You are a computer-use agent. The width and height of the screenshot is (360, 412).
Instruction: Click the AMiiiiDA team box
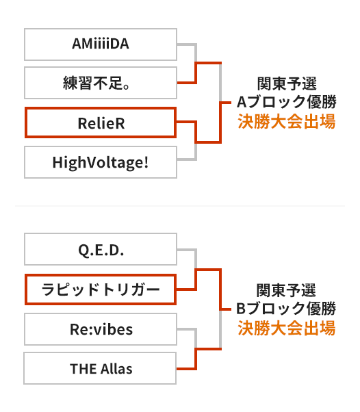point(101,44)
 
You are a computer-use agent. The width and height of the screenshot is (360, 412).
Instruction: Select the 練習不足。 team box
point(101,83)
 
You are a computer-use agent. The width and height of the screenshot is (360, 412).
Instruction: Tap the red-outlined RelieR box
point(101,123)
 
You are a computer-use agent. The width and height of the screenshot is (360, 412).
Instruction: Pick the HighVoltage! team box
point(101,162)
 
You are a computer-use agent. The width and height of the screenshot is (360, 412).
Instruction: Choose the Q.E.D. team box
point(101,249)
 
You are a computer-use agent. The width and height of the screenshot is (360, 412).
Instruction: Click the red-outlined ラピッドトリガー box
point(101,289)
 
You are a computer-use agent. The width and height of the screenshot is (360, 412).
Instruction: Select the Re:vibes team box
point(101,329)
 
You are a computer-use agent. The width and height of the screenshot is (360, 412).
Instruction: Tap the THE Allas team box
point(100,368)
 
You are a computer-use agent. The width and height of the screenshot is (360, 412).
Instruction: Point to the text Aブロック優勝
point(286,102)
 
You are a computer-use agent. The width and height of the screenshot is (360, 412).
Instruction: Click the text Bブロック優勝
point(286,309)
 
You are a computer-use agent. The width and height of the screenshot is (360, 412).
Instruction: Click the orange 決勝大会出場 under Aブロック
point(286,121)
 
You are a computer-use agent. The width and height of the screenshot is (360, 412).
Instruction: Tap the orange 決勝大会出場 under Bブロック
point(286,328)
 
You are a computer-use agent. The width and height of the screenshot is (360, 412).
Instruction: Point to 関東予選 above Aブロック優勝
point(287,83)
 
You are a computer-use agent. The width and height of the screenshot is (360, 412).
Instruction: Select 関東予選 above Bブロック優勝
point(286,290)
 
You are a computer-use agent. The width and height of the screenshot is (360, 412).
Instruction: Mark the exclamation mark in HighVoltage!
point(146,162)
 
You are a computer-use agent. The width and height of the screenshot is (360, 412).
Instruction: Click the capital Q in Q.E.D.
point(83,250)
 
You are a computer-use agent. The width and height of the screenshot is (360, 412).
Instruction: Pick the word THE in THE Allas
point(83,369)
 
